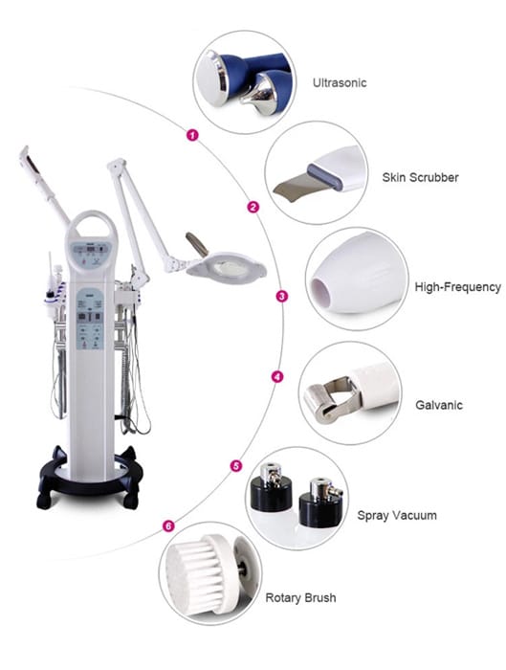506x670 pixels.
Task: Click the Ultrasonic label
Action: tap(341, 83)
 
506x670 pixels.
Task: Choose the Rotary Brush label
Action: tap(301, 598)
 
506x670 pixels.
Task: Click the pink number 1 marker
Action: tap(192, 136)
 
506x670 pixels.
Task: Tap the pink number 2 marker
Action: tap(253, 207)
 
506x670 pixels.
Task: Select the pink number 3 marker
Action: tap(281, 297)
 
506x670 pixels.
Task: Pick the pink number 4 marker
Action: tap(277, 377)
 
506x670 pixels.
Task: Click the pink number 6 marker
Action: tap(168, 525)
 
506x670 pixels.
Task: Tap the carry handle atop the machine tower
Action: tap(91, 228)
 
